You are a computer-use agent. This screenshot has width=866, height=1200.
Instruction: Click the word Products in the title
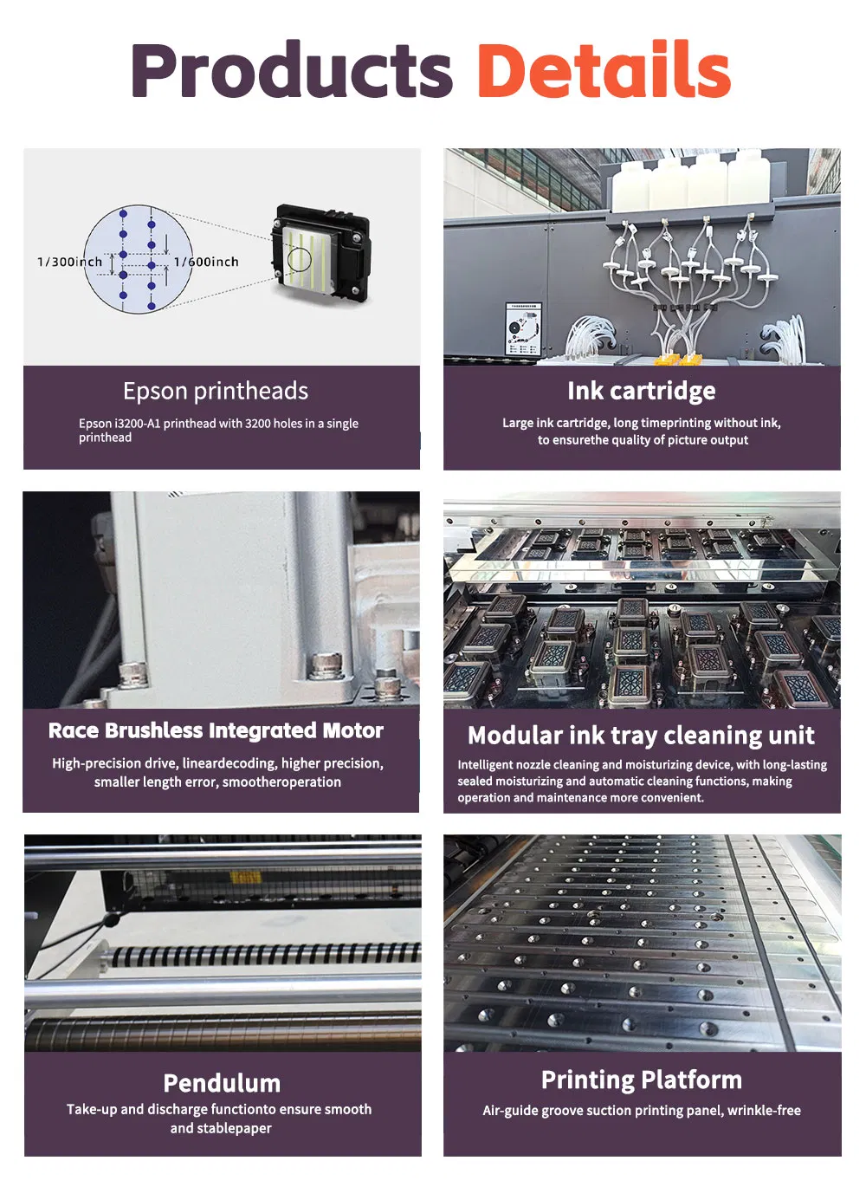292,71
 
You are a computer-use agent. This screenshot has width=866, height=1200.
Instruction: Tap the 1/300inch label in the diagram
69,262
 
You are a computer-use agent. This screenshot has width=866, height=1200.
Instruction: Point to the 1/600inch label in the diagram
206,262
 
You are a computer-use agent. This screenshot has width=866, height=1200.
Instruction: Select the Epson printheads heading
216,391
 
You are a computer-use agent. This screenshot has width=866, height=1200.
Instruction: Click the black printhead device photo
321,253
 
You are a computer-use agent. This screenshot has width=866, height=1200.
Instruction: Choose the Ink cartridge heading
641,391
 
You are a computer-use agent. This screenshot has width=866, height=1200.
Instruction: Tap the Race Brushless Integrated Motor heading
216,730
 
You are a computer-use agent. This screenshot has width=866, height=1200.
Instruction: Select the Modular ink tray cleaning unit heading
641,736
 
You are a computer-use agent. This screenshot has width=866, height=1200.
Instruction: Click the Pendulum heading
222,1083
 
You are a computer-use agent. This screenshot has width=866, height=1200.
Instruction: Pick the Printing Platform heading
641,1080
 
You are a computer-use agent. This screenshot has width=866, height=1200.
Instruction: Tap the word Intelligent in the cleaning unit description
485,765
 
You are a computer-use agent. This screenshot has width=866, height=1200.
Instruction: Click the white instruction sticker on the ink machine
523,329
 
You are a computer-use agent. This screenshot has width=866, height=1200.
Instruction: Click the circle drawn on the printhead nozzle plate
299,258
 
